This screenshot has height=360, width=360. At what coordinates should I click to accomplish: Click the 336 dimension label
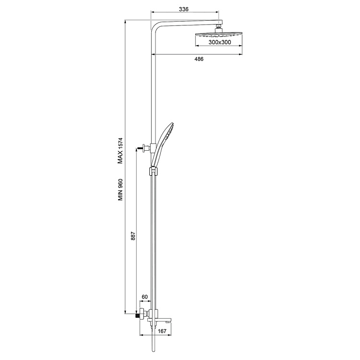[184, 9]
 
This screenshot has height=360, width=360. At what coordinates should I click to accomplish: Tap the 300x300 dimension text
[220, 42]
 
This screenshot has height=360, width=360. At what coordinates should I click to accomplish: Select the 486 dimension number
[199, 59]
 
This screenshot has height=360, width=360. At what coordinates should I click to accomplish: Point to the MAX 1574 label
[120, 150]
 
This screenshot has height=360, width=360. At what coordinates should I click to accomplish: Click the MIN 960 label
[120, 190]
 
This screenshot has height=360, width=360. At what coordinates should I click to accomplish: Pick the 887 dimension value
[133, 236]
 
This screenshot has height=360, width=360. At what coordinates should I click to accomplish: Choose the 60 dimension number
[144, 297]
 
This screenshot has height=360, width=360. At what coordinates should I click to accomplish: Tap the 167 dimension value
[162, 331]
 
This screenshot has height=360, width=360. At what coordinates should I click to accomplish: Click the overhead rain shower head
[219, 35]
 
